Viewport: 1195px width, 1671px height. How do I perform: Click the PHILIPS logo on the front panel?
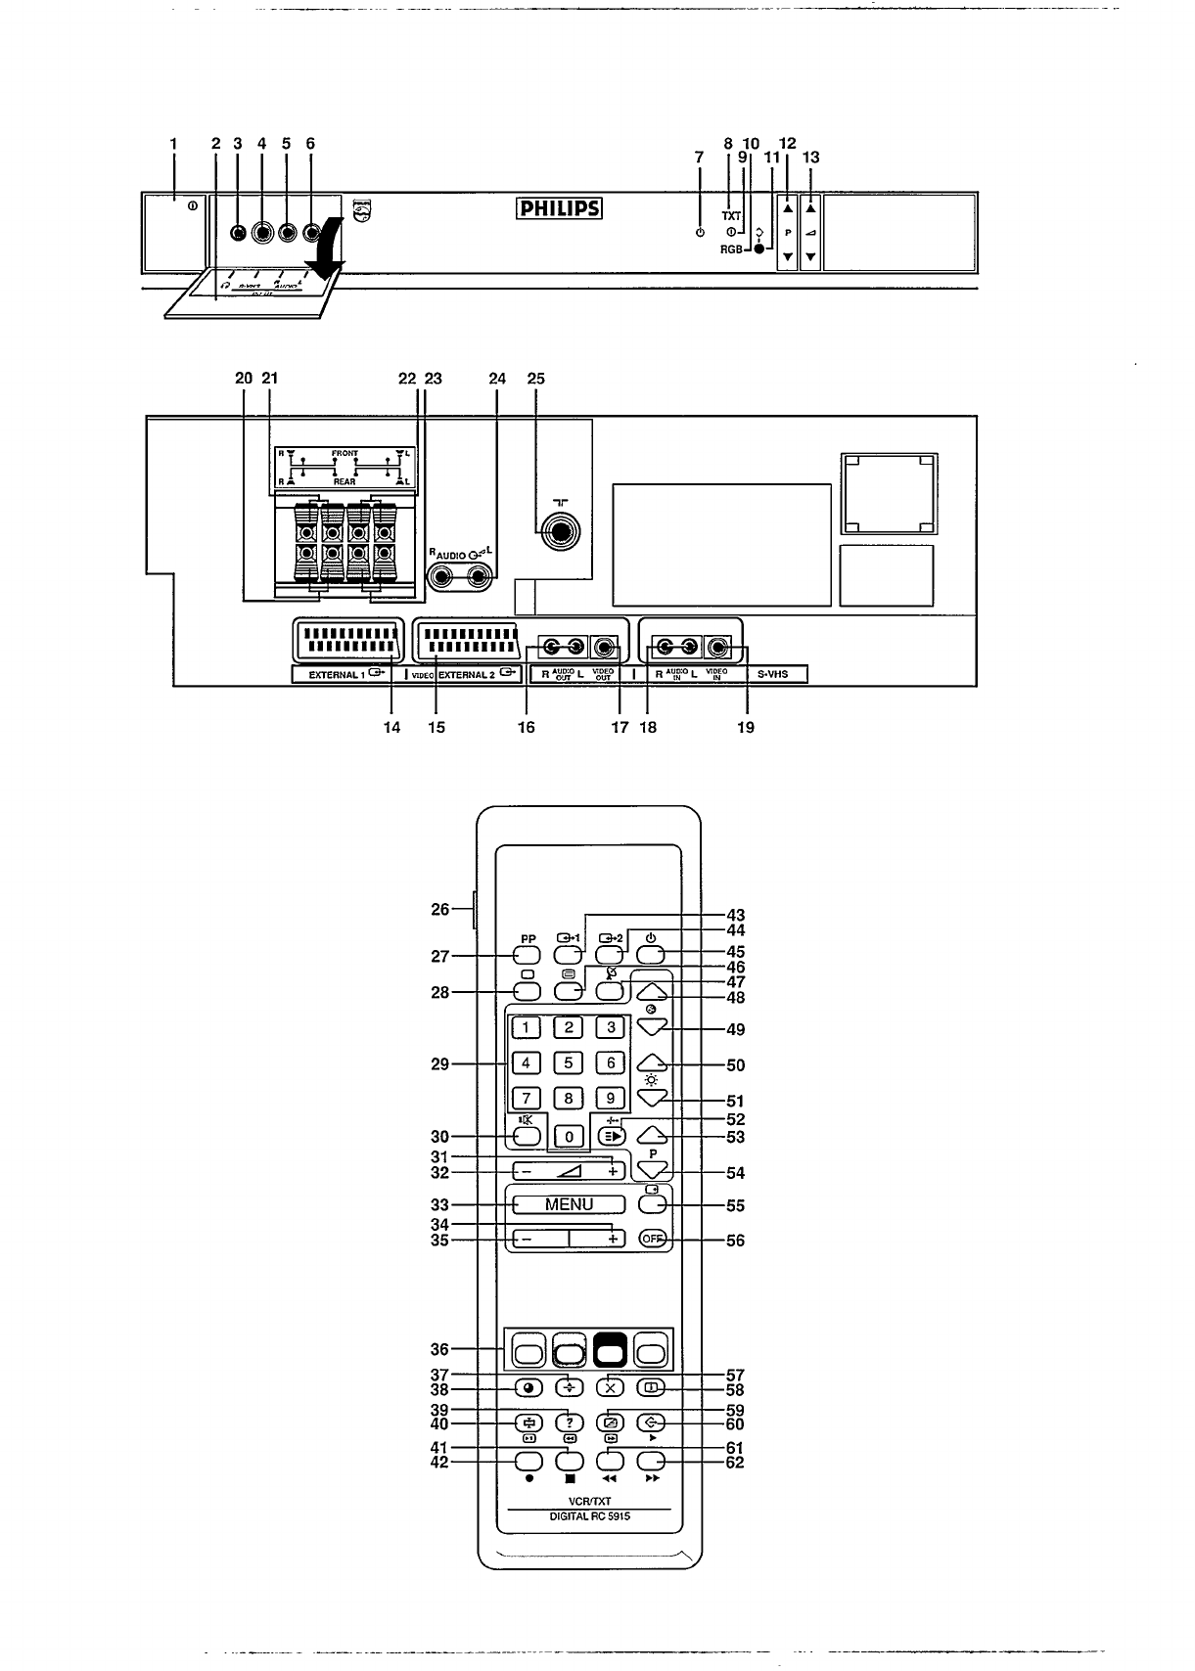point(558,210)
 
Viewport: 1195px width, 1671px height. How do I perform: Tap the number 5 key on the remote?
point(569,1063)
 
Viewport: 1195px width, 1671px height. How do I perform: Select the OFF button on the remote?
point(653,1239)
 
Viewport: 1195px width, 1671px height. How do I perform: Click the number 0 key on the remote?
point(569,1136)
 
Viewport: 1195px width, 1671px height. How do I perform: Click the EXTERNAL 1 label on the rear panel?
point(334,674)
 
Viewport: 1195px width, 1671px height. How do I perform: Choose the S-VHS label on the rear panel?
point(773,674)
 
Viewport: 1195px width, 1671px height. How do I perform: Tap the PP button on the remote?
point(527,955)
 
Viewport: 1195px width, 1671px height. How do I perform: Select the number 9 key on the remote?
point(611,1099)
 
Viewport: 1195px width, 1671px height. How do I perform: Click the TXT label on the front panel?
point(731,215)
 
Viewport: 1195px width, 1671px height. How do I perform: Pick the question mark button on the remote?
point(569,1423)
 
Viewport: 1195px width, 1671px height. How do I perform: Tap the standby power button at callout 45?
point(653,955)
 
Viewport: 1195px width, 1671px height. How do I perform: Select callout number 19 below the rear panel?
point(746,727)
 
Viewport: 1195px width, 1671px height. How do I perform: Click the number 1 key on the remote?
point(527,1027)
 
